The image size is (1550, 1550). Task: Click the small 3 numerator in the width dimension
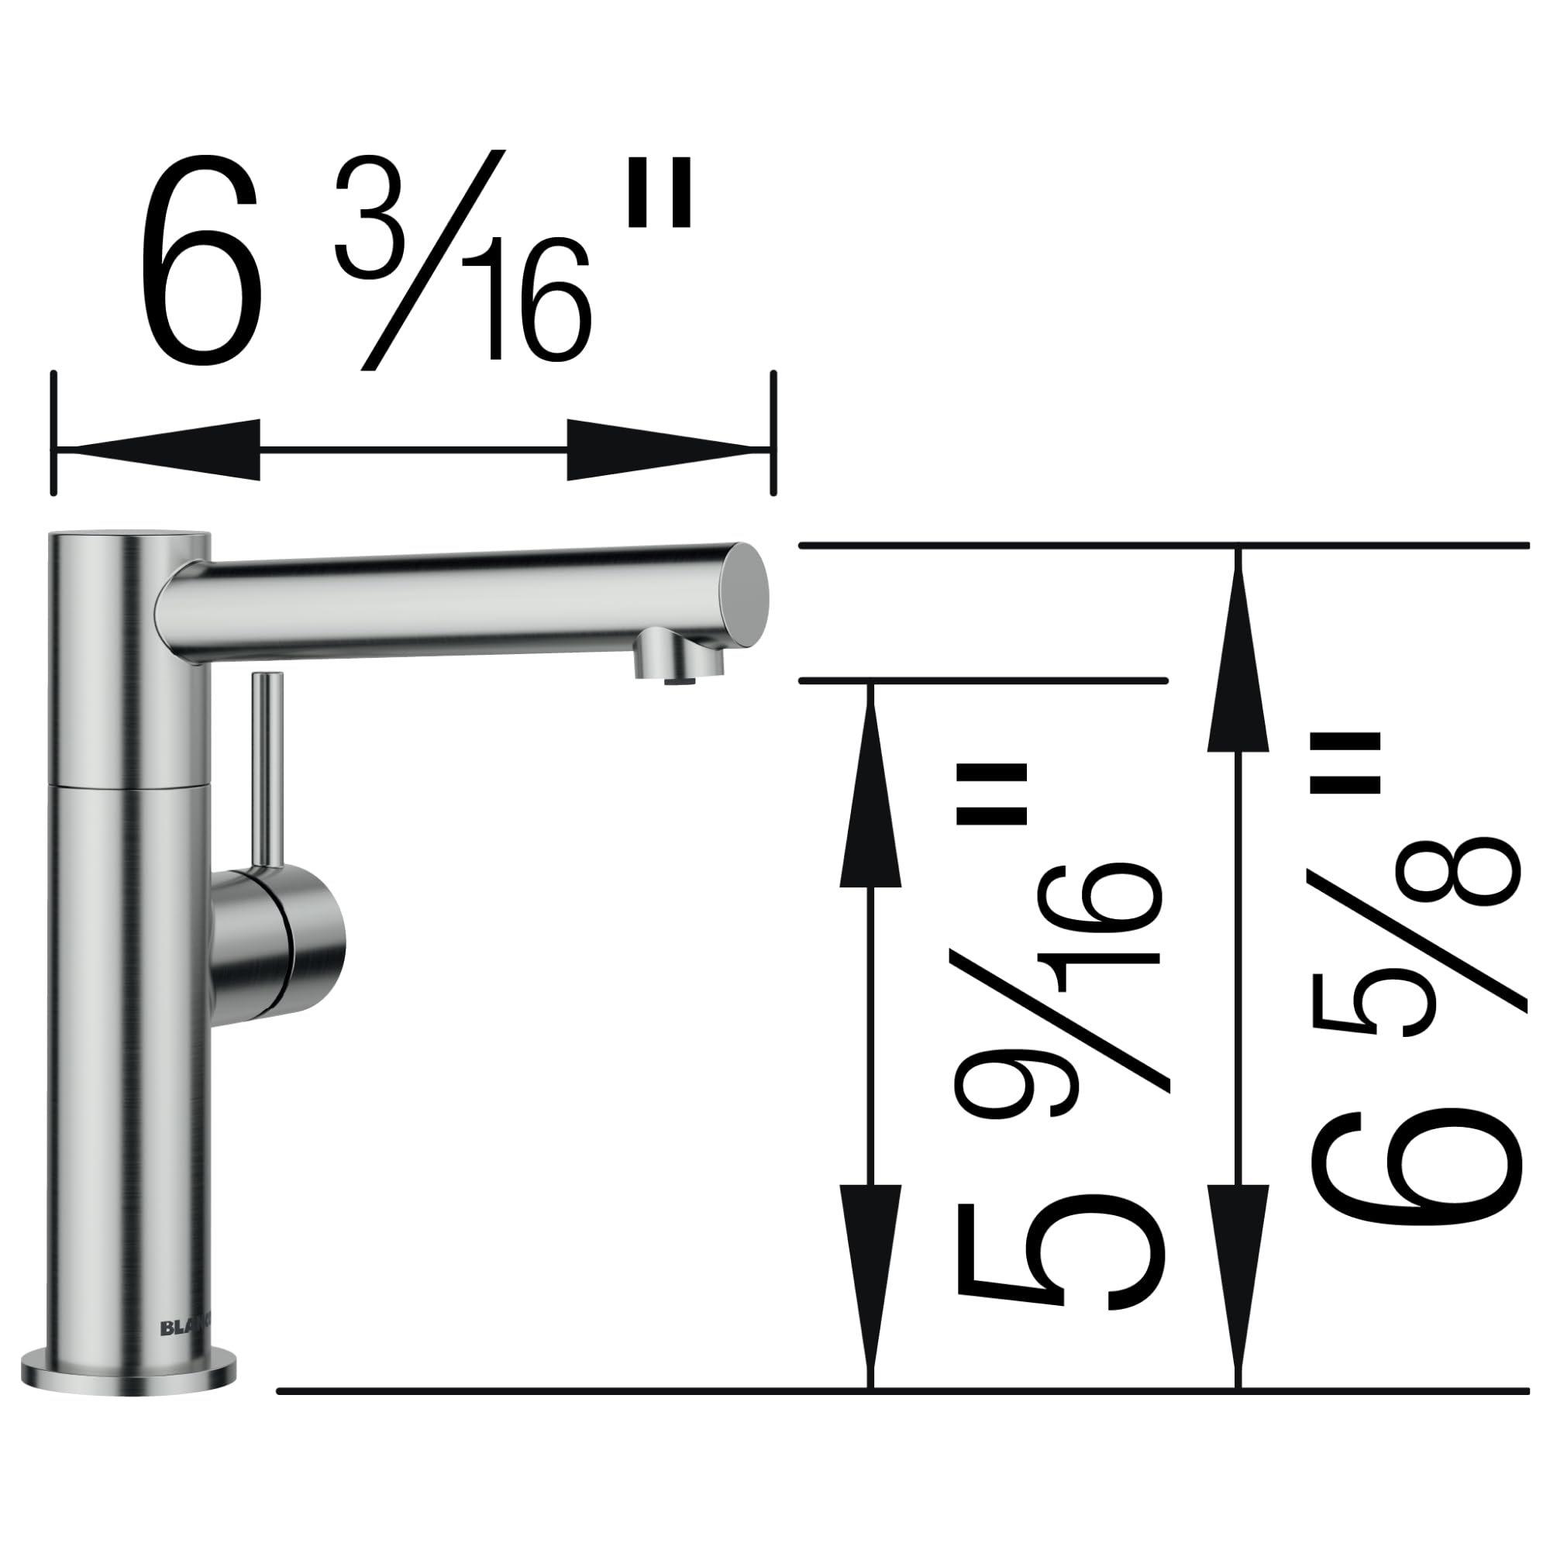point(369,219)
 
